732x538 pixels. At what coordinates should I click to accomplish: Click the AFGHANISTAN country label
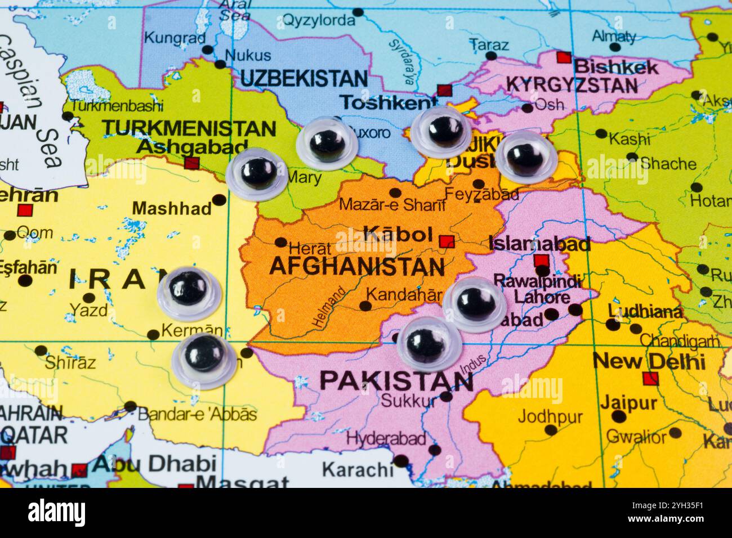357,266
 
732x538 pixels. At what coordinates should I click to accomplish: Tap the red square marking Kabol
447,242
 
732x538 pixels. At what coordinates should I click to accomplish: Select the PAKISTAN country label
396,381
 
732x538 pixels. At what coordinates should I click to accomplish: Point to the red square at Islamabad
541,261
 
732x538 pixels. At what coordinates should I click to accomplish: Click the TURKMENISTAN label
189,128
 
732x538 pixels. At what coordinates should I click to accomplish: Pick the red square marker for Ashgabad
192,164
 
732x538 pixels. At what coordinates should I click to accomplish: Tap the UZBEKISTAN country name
303,78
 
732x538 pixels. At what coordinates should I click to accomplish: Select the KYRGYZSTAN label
572,85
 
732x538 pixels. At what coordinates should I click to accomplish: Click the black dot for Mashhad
219,200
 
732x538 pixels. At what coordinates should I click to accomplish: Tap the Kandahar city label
404,294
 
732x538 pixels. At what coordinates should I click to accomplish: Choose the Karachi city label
357,469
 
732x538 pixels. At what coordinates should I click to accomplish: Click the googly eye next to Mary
256,173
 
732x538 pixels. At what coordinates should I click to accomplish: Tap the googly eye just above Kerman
189,290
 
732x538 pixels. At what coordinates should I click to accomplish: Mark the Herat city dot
280,243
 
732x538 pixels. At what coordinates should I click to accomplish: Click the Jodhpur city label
550,417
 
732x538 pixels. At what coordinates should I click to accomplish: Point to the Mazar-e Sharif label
392,205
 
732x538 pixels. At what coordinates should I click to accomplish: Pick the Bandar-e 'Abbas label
197,415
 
